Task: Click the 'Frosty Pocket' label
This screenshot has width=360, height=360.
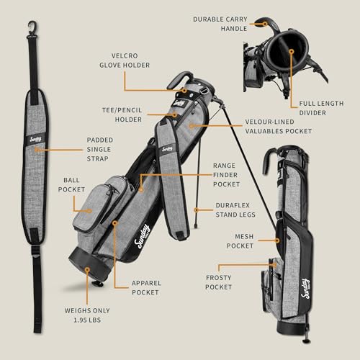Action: [218, 282]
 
